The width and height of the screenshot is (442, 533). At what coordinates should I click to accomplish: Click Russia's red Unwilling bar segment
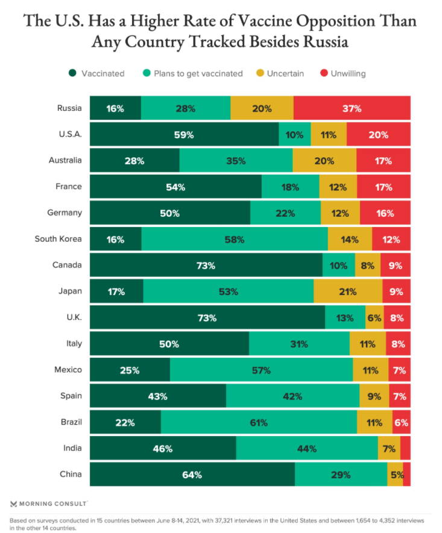[x=352, y=109]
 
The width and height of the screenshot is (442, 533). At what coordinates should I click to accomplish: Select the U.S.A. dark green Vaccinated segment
[x=185, y=135]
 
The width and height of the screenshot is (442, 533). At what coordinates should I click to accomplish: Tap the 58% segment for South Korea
[x=235, y=240]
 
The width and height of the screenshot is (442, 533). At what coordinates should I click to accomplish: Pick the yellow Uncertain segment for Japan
[x=348, y=292]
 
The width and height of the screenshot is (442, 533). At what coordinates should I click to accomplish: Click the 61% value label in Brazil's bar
[x=259, y=423]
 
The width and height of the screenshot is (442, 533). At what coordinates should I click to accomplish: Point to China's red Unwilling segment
[x=407, y=475]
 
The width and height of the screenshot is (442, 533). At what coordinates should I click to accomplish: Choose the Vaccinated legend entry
[x=96, y=73]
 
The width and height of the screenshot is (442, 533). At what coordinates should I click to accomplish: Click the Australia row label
[x=65, y=161]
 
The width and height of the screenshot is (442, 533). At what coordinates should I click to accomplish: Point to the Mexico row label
[x=68, y=370]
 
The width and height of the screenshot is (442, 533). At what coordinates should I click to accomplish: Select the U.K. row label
[x=72, y=317]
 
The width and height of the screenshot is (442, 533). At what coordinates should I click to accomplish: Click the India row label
[x=71, y=448]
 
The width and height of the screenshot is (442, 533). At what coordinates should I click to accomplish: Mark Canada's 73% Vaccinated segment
[x=206, y=266]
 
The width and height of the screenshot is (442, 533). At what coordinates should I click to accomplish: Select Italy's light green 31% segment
[x=299, y=344]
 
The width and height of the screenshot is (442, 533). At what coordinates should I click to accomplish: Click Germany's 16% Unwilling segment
[x=385, y=213]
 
